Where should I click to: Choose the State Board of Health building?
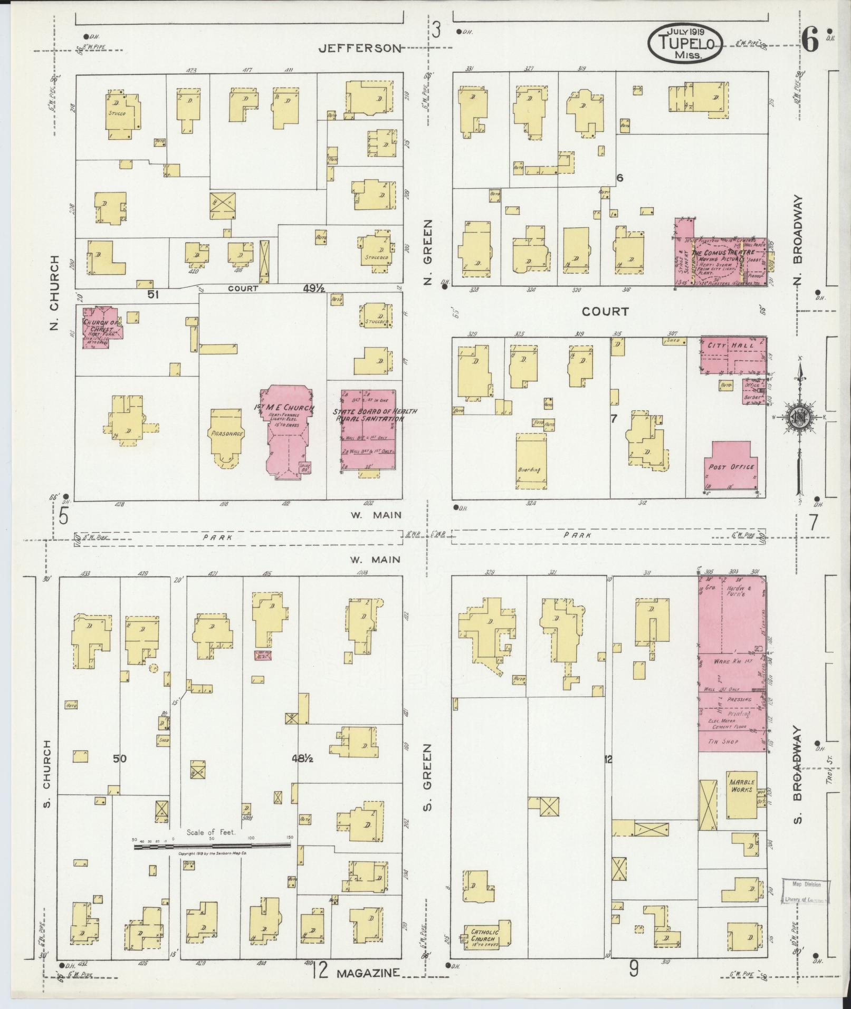(368, 428)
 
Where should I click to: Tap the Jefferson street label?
(360, 48)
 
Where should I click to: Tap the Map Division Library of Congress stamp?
(805, 892)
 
